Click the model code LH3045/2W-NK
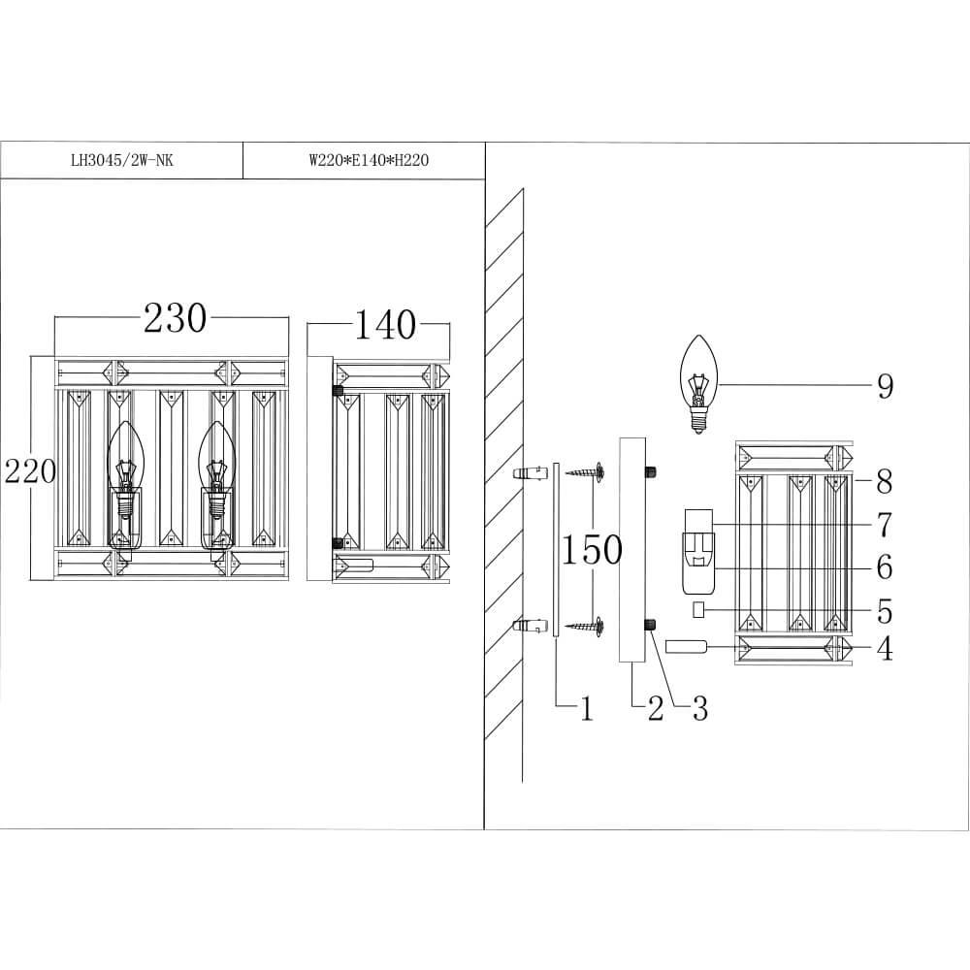coord(122,162)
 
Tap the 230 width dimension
coord(175,318)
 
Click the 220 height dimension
coord(29,472)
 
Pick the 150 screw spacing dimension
coord(592,550)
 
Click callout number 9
coord(884,386)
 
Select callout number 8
coord(884,480)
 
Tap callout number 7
coord(884,525)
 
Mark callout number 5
coord(884,611)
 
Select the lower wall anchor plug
coord(529,626)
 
